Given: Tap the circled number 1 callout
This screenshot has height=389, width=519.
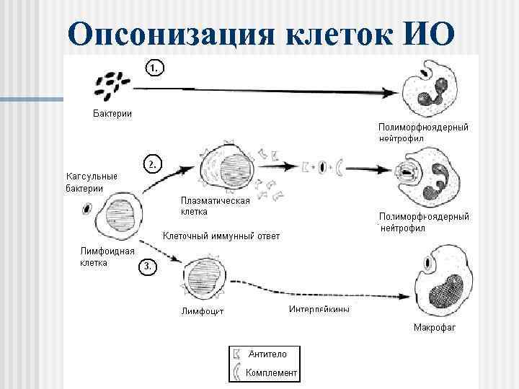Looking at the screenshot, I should (x=154, y=68).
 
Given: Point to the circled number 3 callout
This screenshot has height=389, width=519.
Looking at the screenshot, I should (x=146, y=267).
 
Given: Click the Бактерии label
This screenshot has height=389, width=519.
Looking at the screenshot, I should (x=112, y=114).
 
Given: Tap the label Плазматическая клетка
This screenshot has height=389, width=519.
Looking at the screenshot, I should (x=215, y=206).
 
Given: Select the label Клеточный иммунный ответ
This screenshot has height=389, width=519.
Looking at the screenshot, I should (x=221, y=236).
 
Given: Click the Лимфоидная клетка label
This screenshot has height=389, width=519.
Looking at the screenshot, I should (x=107, y=256).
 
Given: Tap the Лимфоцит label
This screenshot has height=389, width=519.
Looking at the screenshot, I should (x=203, y=312).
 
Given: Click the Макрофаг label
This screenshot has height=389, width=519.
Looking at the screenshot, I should (x=435, y=328).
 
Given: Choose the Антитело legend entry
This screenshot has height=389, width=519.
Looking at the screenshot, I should (x=267, y=354).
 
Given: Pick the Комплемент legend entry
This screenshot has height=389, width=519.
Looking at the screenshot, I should (x=271, y=372).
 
